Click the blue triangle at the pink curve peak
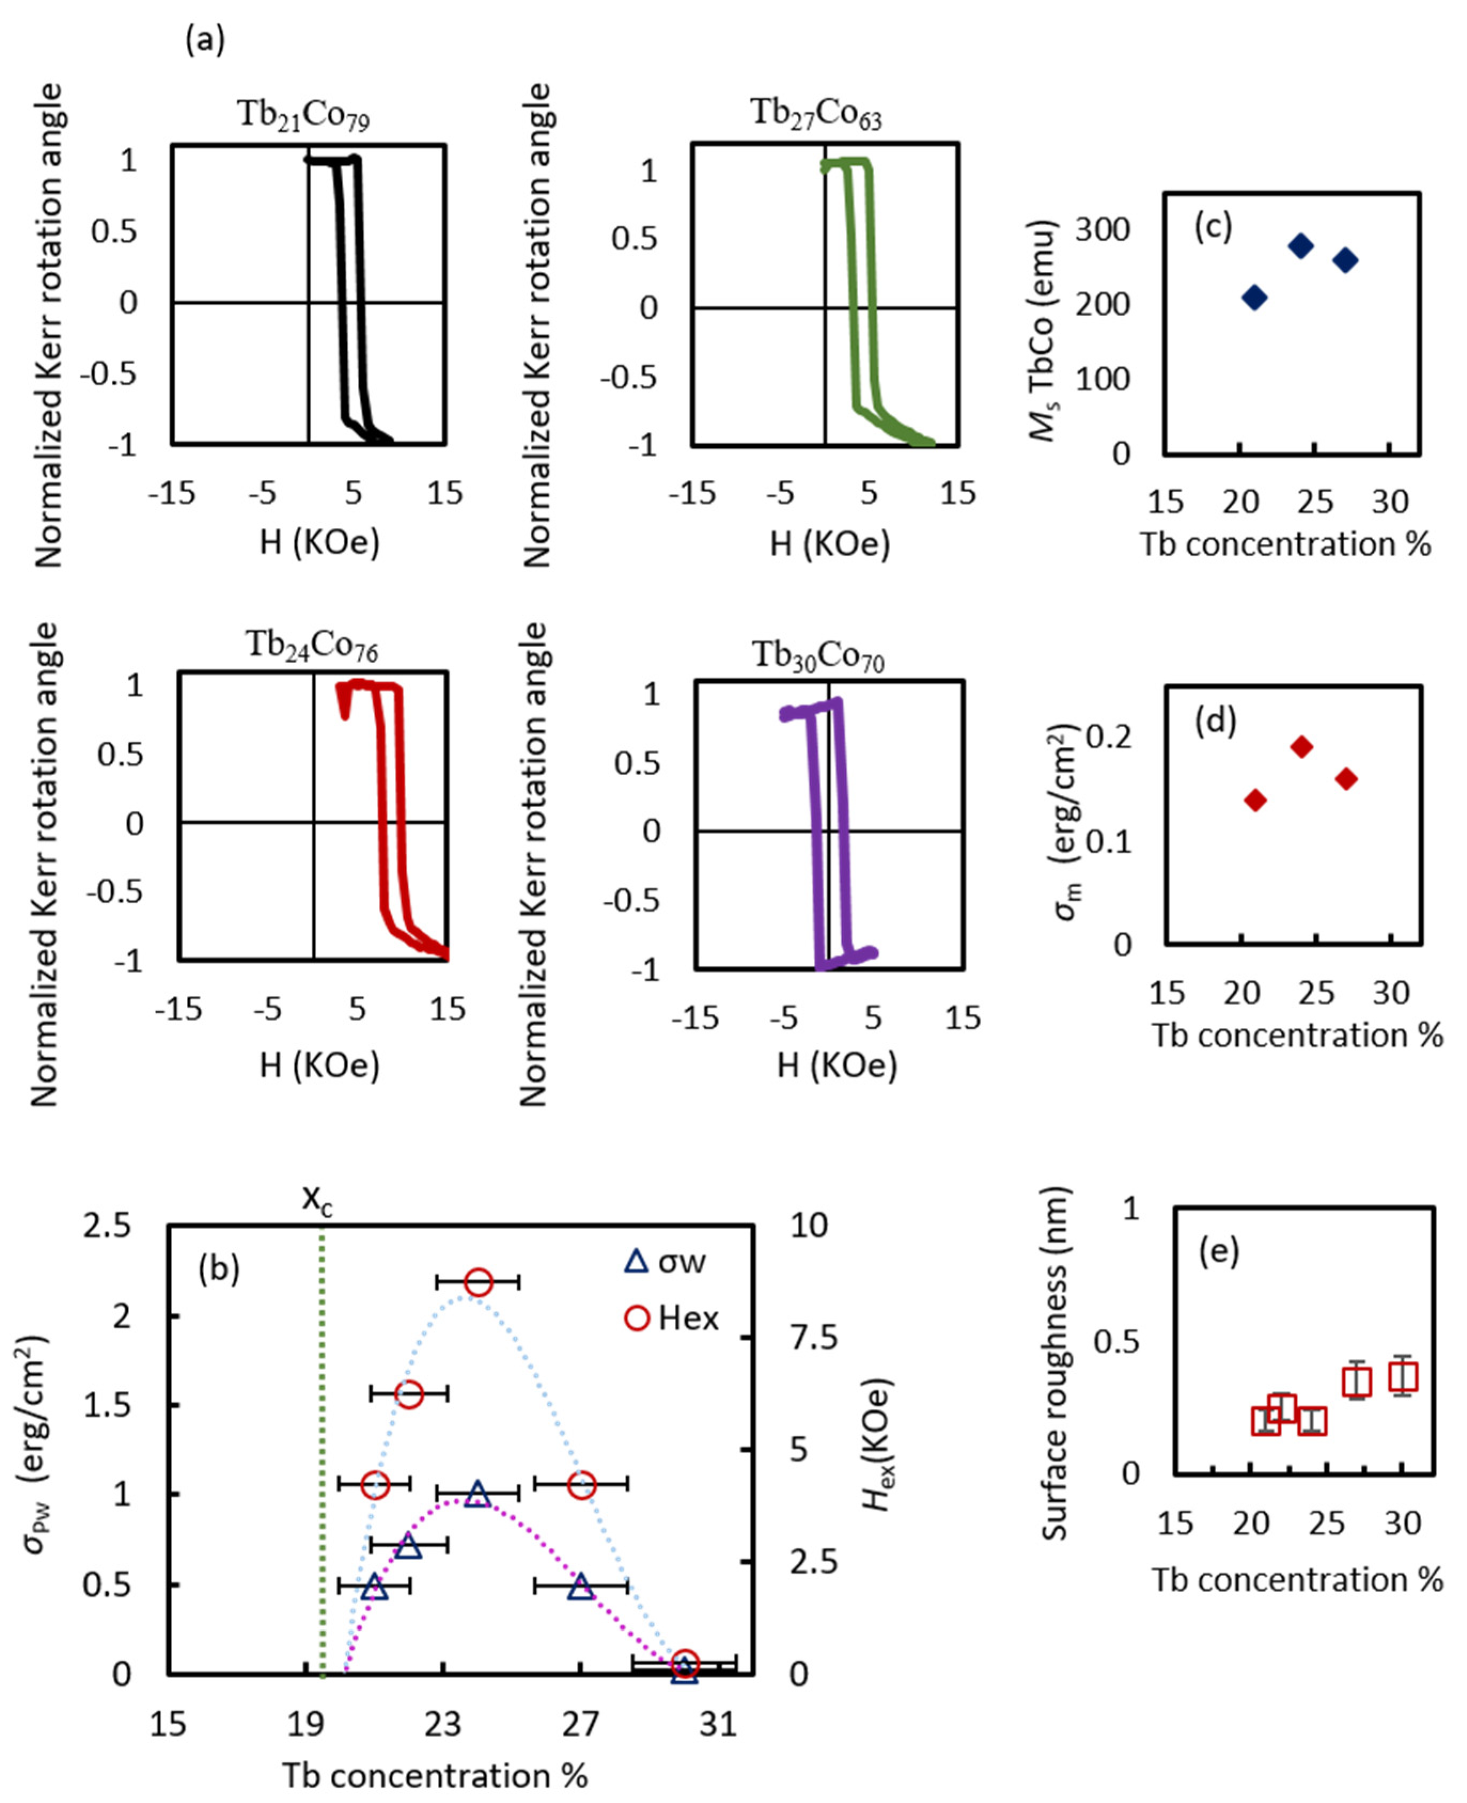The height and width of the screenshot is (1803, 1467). click(477, 1494)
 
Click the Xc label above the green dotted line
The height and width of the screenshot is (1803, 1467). click(318, 1199)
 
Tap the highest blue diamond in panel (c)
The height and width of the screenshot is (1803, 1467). click(1300, 246)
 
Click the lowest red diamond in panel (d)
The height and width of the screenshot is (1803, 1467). click(1256, 799)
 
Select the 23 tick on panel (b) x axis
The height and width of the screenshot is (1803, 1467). click(443, 1723)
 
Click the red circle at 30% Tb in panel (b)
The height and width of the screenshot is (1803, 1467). click(685, 1665)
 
